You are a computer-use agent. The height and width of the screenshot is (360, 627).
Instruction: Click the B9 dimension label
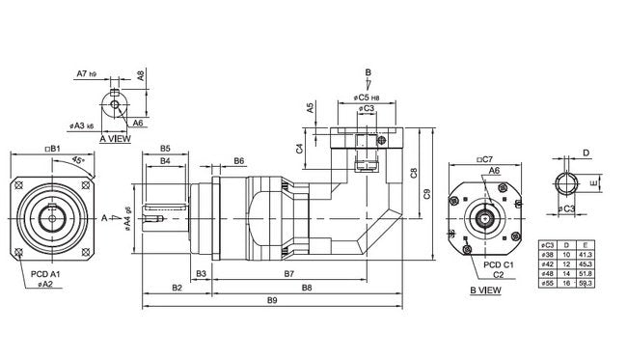(272, 301)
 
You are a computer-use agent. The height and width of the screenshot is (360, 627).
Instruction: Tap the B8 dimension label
(307, 288)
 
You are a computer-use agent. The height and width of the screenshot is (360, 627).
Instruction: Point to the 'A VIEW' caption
(116, 138)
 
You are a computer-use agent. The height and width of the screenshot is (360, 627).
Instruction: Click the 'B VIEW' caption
(485, 289)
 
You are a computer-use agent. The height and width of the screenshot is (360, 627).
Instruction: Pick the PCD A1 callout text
(44, 275)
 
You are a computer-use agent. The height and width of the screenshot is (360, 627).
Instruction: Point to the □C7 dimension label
(484, 158)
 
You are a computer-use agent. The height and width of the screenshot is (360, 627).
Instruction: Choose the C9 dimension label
(426, 194)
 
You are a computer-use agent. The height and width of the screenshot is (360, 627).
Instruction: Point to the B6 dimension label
(237, 160)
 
